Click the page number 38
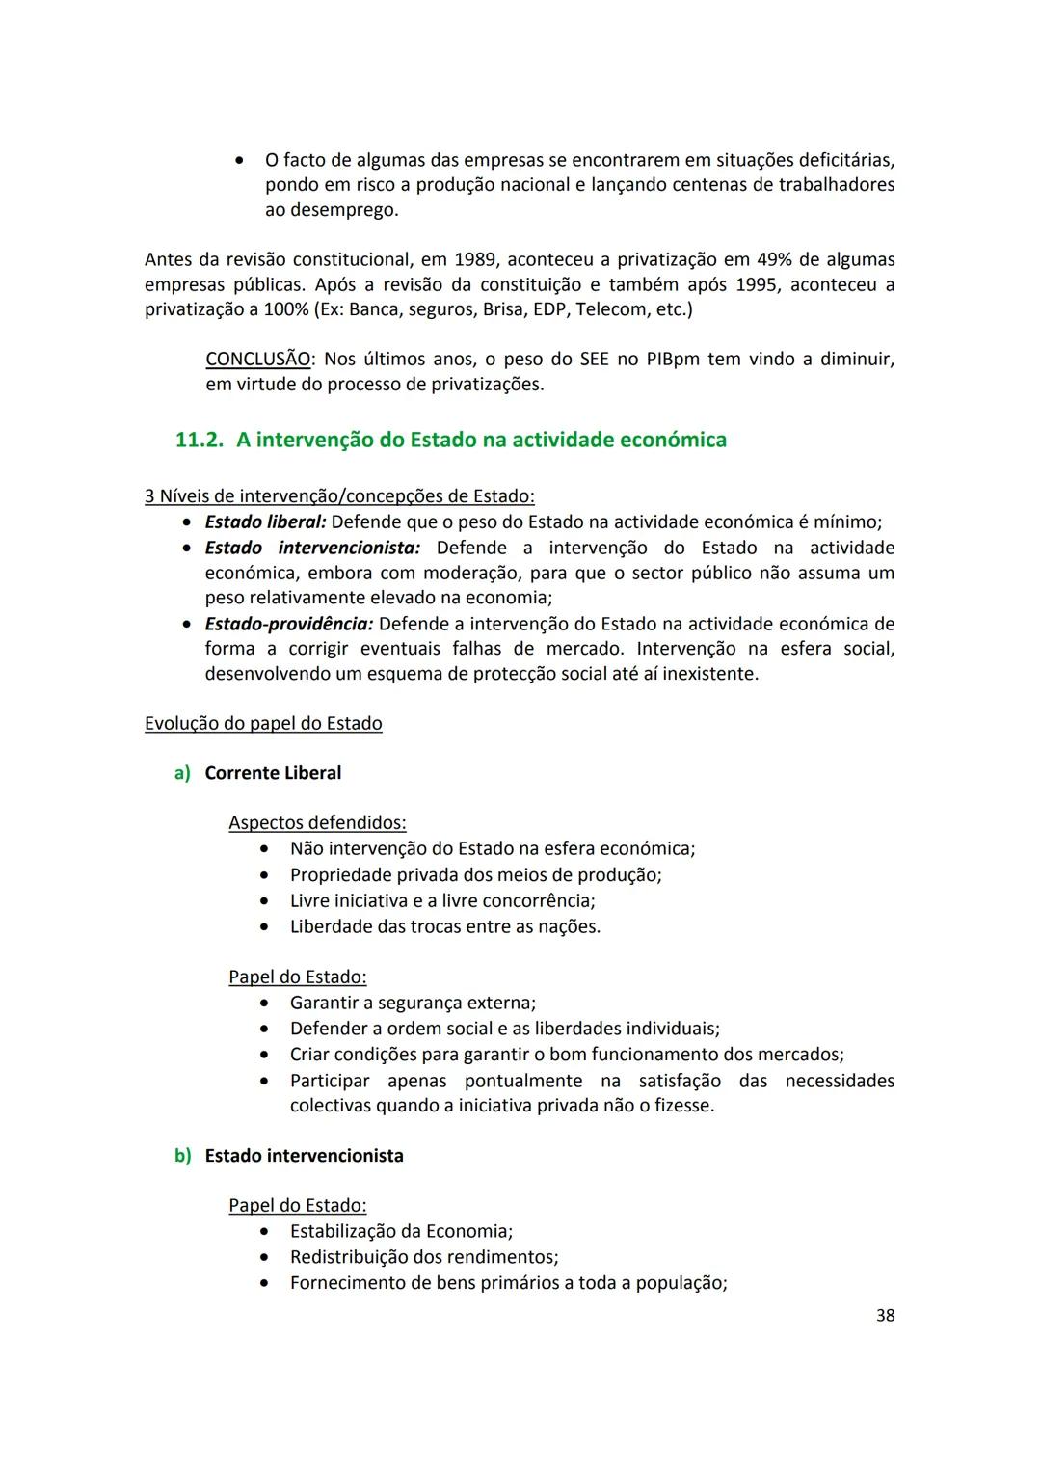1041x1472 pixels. (885, 1315)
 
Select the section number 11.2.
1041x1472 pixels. (199, 441)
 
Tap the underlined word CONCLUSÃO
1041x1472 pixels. (258, 360)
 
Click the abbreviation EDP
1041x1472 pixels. (547, 310)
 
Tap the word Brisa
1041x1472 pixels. (505, 310)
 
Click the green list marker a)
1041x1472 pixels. (182, 773)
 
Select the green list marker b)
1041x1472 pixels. (182, 1156)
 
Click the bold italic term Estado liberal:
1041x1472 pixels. (265, 522)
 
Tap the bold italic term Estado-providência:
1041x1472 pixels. (289, 624)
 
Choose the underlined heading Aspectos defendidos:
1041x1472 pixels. (317, 823)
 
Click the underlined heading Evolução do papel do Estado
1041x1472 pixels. (263, 724)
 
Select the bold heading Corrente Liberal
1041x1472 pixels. (273, 773)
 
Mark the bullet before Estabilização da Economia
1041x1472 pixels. (264, 1232)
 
